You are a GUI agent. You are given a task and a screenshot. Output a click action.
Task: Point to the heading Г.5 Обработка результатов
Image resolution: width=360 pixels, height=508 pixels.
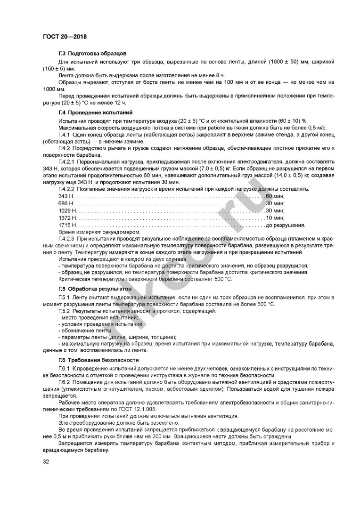coord(95,288)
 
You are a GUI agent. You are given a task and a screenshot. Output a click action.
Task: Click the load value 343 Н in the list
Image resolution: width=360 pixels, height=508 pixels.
coord(66,196)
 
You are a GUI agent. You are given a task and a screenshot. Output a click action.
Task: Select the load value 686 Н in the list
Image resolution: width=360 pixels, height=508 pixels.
coord(66,203)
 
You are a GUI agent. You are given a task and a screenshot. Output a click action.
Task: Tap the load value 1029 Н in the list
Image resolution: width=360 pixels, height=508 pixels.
coord(67,210)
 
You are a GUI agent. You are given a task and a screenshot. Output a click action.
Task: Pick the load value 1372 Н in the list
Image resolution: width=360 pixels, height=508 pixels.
coord(67,218)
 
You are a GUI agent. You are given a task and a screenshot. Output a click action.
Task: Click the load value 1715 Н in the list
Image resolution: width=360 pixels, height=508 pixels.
coord(67,225)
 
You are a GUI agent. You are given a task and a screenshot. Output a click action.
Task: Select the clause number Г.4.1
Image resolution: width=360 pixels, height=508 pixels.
coord(65,135)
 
